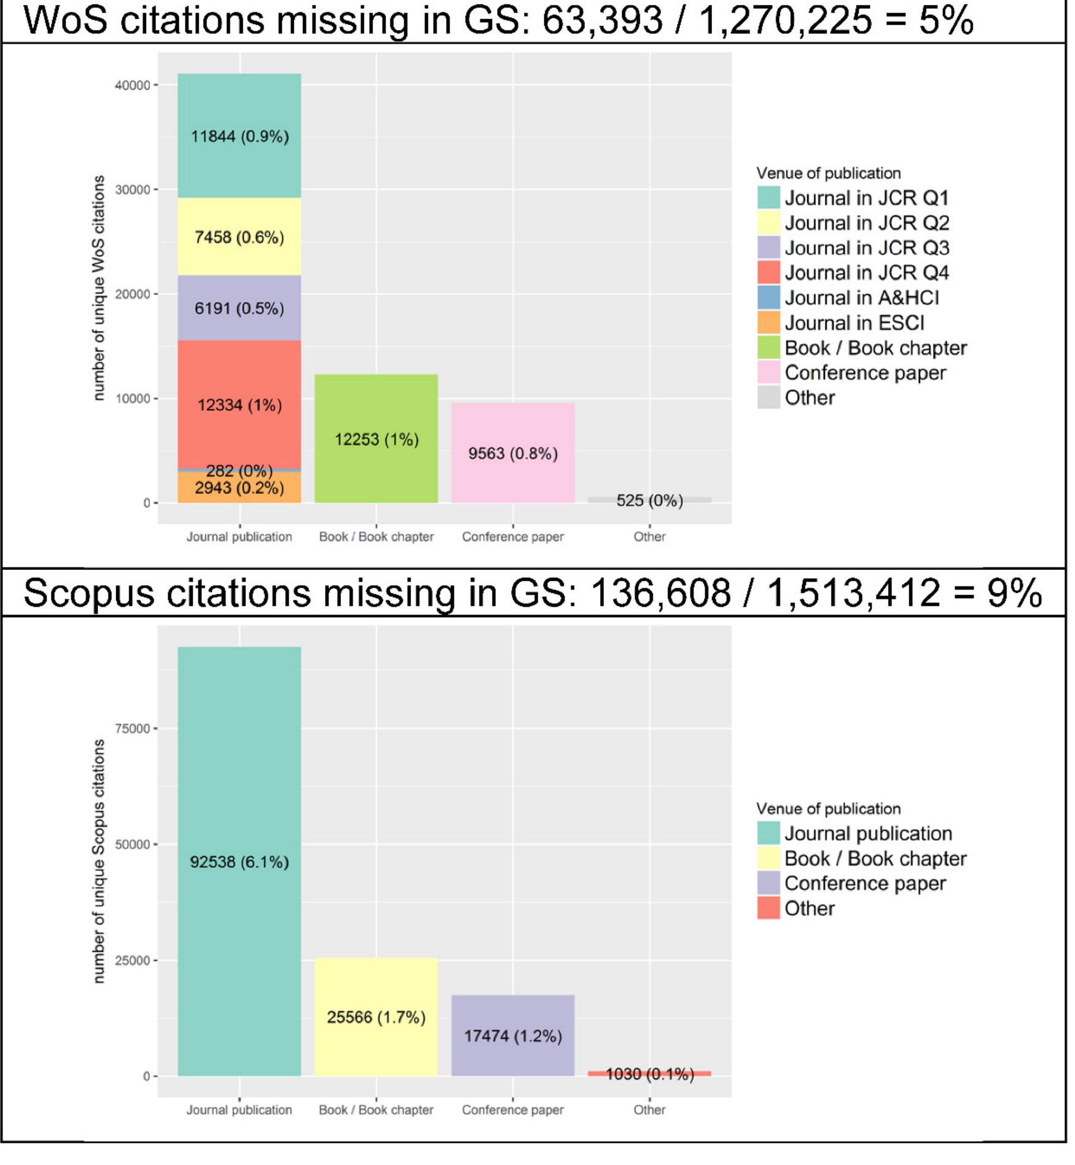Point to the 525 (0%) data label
pos(649,501)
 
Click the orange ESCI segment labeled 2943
pos(239,488)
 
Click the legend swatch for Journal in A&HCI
pos(768,298)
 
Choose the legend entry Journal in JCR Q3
pos(866,248)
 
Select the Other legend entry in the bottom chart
pos(809,908)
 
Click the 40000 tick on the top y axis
pos(133,85)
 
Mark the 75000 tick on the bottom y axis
pos(133,728)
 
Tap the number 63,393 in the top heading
pos(603,20)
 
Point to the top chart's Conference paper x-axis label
pos(513,537)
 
